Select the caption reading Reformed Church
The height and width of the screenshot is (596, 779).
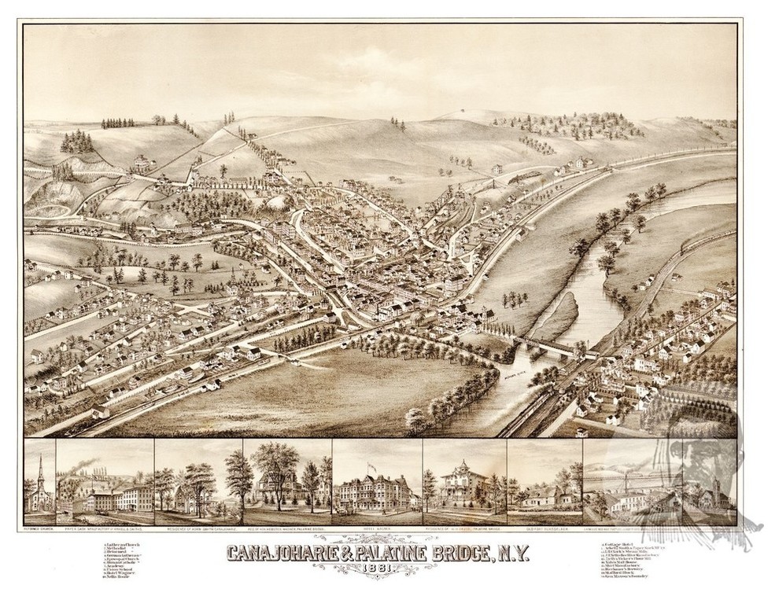[39, 529]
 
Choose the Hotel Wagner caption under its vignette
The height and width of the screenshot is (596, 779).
[377, 528]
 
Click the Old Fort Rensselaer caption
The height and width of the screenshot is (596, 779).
[544, 528]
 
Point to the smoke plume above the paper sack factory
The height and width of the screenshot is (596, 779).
[83, 465]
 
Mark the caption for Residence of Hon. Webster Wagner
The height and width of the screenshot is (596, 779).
[287, 529]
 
